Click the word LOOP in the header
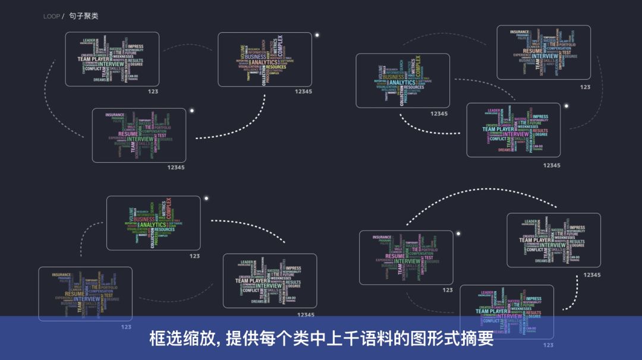point(52,16)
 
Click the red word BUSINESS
point(144,219)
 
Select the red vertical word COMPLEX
point(168,209)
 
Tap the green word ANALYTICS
point(152,225)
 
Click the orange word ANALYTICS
point(264,62)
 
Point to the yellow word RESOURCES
point(276,67)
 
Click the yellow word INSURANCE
point(62,275)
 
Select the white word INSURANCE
point(520,32)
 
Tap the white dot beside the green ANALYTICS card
point(206,198)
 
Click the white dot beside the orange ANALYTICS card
point(317,35)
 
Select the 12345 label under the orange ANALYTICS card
point(303,91)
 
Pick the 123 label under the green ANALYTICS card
point(194,256)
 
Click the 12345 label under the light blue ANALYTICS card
point(439,113)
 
